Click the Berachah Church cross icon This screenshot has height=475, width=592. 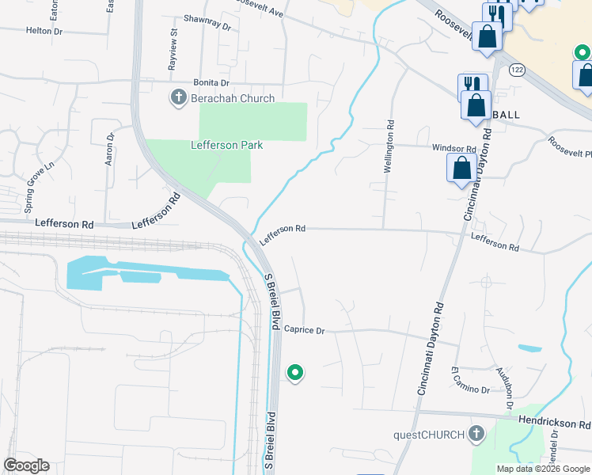178,98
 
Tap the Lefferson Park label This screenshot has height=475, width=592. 226,145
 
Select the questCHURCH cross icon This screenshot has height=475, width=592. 476,433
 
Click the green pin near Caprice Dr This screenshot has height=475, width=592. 295,371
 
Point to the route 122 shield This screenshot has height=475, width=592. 518,70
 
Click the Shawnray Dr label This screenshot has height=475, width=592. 206,25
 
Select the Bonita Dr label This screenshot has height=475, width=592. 211,82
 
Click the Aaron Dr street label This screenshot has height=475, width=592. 110,149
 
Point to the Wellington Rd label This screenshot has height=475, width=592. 389,146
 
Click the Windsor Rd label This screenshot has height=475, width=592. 453,148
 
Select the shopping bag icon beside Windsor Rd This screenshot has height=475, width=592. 461,169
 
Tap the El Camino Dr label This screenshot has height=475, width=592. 456,385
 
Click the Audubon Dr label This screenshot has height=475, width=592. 504,387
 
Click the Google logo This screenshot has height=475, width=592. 26,465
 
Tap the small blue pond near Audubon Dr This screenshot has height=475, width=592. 529,348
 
